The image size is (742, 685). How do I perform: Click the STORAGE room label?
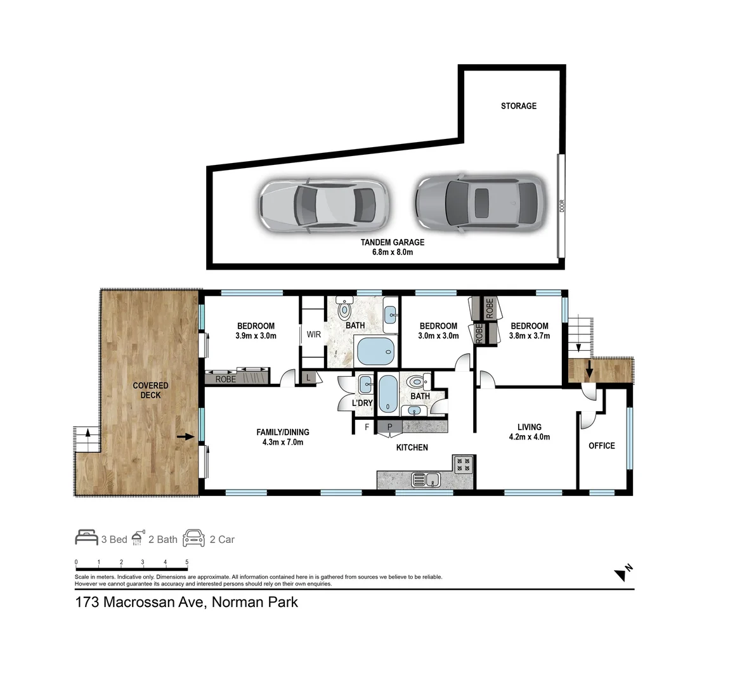pos(518,106)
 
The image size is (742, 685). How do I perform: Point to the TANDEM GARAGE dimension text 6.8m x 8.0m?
pos(392,252)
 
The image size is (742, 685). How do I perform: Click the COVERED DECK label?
pos(150,390)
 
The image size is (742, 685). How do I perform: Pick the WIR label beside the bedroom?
pos(314,335)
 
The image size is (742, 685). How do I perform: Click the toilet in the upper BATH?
pos(344,310)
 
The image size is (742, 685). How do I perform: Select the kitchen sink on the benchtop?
pos(426,480)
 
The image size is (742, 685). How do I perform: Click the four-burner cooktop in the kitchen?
pos(463,464)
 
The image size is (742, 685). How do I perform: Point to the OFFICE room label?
pos(601,446)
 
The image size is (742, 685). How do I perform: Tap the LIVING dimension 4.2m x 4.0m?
pos(529,437)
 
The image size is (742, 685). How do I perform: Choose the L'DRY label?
pos(362,403)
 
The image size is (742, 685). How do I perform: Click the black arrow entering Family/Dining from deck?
pos(185,436)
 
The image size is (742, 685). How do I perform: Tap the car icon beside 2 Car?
pos(194,538)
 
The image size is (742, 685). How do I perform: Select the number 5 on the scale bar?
pos(186,562)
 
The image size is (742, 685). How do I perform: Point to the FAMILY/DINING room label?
pos(282,433)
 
